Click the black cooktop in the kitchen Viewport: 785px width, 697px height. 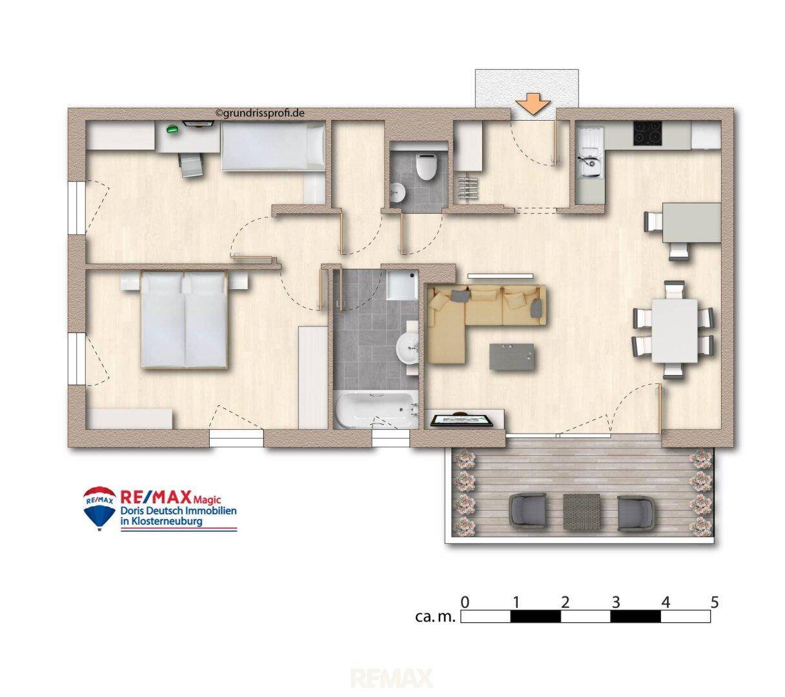click(x=647, y=134)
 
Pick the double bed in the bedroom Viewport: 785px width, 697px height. click(x=183, y=319)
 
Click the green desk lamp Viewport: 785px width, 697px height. click(x=172, y=128)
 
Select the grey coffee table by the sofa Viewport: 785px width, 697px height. click(x=511, y=356)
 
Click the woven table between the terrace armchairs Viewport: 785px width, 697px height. click(x=581, y=511)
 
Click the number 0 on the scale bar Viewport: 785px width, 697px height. click(x=465, y=601)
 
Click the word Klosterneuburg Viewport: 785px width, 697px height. click(x=167, y=521)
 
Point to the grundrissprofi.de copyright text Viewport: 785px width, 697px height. click(x=260, y=113)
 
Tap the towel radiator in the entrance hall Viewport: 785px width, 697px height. click(x=467, y=188)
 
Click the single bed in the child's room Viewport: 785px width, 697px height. click(x=273, y=146)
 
